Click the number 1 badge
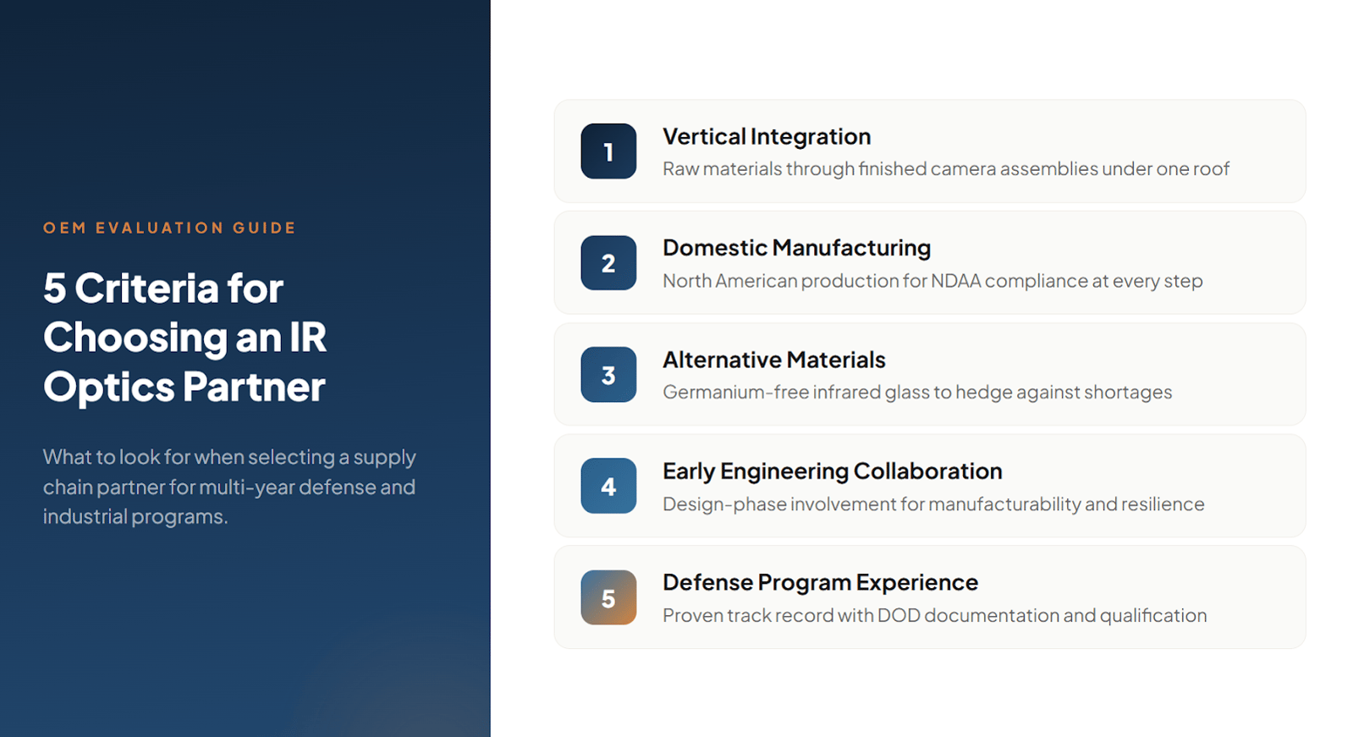tap(608, 151)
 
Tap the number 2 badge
tap(608, 263)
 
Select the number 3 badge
tap(608, 375)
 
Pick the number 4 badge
tap(608, 486)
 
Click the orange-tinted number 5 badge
tap(608, 597)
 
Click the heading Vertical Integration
tap(767, 137)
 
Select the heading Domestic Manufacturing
tap(797, 248)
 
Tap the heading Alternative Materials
tap(773, 360)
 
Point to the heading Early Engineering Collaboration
tap(833, 471)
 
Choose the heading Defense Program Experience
tap(820, 582)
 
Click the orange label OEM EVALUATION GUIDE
tap(169, 228)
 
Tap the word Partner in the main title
tap(254, 387)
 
